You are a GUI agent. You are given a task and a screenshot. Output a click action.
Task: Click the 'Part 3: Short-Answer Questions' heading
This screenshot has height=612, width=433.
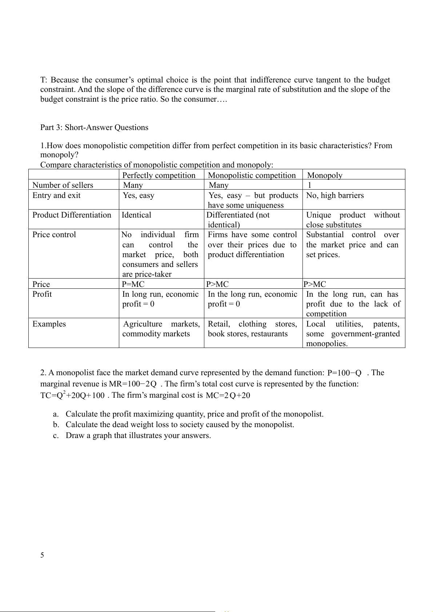coord(94,127)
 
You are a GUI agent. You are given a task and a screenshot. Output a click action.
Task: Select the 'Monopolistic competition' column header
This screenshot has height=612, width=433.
coord(252,175)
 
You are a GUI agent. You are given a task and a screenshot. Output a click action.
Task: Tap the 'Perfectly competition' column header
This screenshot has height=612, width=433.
coord(159,175)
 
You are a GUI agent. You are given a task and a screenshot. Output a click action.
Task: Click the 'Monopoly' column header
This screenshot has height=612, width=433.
coord(325,175)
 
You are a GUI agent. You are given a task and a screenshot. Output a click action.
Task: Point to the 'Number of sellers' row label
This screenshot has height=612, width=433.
coord(63,185)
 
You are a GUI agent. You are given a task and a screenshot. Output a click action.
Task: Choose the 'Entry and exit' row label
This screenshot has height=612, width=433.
coord(56,195)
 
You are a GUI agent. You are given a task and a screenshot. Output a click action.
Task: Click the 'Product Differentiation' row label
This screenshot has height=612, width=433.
coord(72,215)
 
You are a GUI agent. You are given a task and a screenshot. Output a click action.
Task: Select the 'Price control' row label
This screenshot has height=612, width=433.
coord(54,235)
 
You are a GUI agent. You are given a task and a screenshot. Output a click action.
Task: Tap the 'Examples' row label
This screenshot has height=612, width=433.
coord(49,324)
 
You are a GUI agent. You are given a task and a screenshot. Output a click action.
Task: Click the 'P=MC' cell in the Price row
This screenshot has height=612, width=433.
coord(133,284)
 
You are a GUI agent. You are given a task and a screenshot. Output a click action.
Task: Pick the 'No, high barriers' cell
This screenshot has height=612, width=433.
coord(335,195)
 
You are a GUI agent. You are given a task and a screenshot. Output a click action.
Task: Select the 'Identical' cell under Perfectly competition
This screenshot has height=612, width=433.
coord(136,215)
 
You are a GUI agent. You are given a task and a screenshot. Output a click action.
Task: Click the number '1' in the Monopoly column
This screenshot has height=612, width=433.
coord(309,185)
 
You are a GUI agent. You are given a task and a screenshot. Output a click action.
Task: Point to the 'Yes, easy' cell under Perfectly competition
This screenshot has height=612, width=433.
coord(139,195)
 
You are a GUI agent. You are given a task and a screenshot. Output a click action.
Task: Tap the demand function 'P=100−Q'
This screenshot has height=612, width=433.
coord(344,373)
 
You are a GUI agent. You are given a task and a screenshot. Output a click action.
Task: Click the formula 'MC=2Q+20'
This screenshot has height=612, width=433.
coord(228,396)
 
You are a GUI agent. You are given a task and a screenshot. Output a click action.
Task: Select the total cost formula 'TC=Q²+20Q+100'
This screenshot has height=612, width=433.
coord(72,395)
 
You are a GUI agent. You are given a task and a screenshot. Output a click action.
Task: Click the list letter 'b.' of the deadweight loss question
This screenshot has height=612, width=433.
coord(56,425)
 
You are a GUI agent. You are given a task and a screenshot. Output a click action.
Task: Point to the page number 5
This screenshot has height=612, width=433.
coord(42,555)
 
